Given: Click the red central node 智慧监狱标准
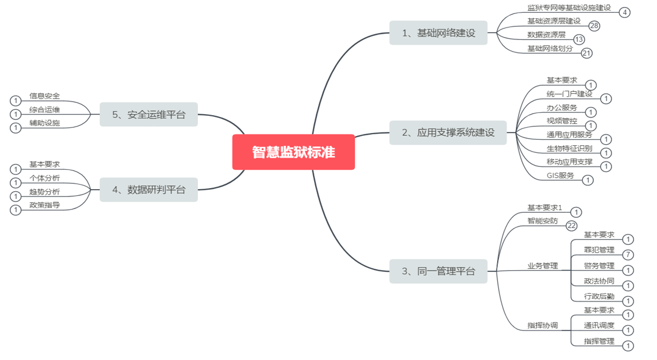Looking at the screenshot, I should coord(293,152).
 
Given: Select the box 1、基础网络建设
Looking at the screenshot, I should coord(438,33).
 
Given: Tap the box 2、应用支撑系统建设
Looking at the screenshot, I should coord(448,132).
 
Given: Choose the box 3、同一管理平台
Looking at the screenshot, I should coord(438,271).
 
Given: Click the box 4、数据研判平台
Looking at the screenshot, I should coord(149,190).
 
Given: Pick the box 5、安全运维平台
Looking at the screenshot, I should coord(149,115).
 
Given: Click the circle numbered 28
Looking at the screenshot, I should coord(594,26).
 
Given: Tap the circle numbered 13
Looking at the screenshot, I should coord(579,40).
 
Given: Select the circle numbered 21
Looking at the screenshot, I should coord(586,53).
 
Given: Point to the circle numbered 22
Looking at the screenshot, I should coord(572,226).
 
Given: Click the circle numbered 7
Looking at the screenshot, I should coord(628,255).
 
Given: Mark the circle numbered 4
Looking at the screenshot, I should coord(625,12).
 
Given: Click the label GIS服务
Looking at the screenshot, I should coord(560,175).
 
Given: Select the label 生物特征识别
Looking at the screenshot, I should coord(569,148).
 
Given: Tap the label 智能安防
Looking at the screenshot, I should coord(542,221).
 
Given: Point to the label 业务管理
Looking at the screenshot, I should coord(542,266).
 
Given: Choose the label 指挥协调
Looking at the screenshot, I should coord(542,325).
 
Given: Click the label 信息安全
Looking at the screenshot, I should coord(44,96).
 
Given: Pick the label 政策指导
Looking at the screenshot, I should coord(44,205).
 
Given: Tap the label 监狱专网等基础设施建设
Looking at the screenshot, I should coord(569,7).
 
